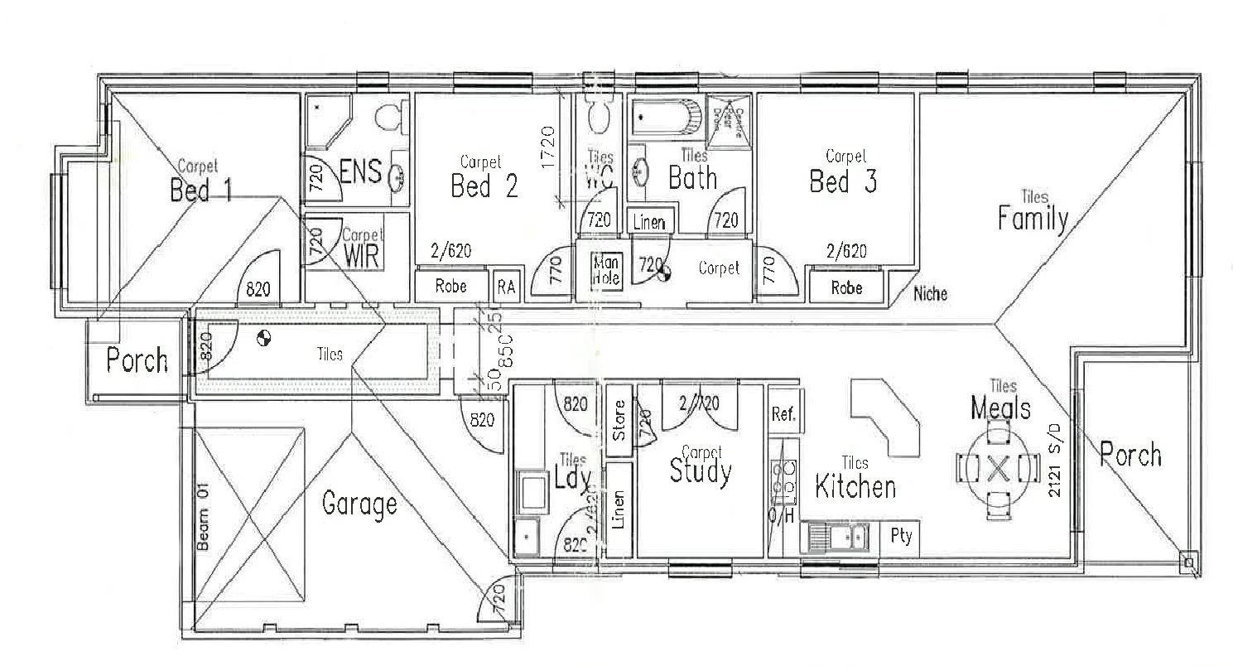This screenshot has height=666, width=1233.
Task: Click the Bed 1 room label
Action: click(x=200, y=190)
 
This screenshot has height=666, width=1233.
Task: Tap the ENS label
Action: click(x=361, y=172)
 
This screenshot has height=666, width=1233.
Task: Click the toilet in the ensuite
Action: click(x=389, y=118)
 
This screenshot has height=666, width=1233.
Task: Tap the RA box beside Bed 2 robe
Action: click(x=506, y=287)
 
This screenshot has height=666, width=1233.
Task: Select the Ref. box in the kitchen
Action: click(x=783, y=413)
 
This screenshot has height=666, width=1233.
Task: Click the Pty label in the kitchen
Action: click(x=901, y=536)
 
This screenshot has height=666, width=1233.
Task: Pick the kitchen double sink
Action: click(x=837, y=537)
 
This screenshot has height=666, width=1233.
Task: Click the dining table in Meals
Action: click(x=998, y=469)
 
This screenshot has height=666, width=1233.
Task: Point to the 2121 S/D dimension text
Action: click(x=1055, y=469)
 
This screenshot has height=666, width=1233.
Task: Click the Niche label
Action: click(x=931, y=293)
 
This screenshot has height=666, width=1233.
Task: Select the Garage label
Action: click(x=359, y=503)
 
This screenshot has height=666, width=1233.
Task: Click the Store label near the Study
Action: click(x=619, y=421)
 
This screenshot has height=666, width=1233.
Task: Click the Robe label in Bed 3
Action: click(x=846, y=288)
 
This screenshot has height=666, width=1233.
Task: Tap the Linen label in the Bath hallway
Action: click(x=650, y=222)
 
